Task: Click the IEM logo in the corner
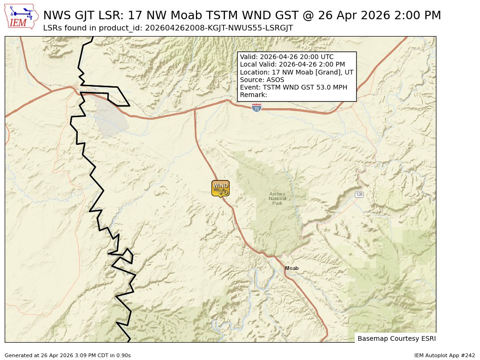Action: point(22,16)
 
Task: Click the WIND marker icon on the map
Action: point(220,188)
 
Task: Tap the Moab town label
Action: point(292,268)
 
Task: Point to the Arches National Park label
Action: point(277,199)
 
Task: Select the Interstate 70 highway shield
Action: point(256,108)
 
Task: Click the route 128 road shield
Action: point(359,195)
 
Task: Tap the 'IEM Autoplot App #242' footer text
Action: point(444,355)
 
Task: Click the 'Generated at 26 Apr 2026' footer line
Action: point(67,355)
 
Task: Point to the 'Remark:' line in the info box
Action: point(254,95)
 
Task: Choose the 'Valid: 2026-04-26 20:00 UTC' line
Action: point(287,57)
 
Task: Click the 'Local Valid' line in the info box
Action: point(292,64)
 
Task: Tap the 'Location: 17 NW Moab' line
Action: point(297,72)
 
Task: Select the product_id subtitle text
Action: point(168,28)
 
